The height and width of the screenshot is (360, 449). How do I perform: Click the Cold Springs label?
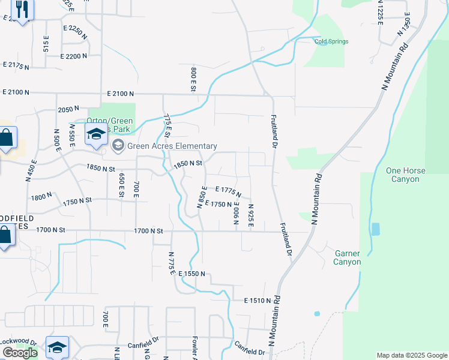331,41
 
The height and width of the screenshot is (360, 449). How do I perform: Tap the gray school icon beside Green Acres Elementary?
118,145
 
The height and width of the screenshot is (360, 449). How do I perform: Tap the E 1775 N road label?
228,191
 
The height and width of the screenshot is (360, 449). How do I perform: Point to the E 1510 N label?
259,301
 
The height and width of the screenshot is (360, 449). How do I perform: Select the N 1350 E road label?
403,26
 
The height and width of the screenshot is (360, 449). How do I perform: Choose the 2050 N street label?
68,109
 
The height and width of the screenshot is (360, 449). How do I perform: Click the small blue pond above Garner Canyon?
375,229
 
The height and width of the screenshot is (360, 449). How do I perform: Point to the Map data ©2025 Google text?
411,355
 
